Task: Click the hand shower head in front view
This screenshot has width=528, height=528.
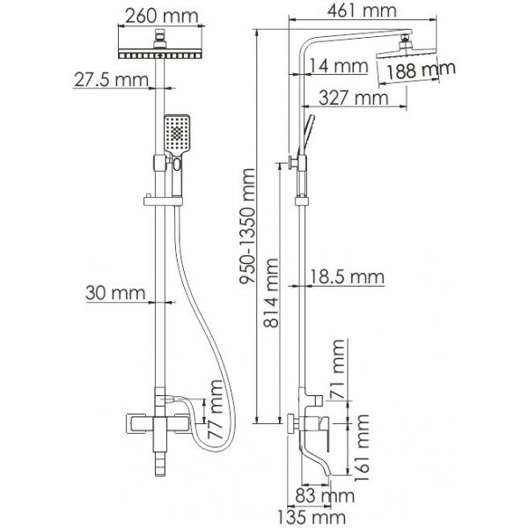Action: coord(176,136)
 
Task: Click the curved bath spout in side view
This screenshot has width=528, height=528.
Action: coord(334,450)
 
